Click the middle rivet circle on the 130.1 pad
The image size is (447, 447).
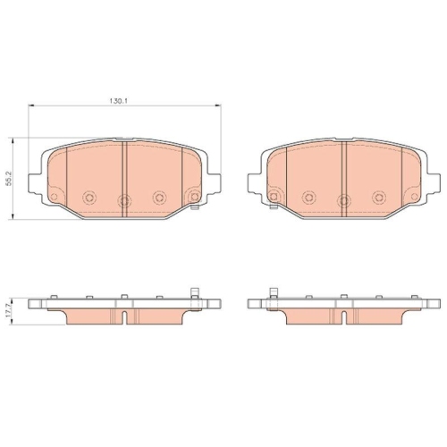(x=124, y=199)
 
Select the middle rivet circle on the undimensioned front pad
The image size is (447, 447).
(x=344, y=199)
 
